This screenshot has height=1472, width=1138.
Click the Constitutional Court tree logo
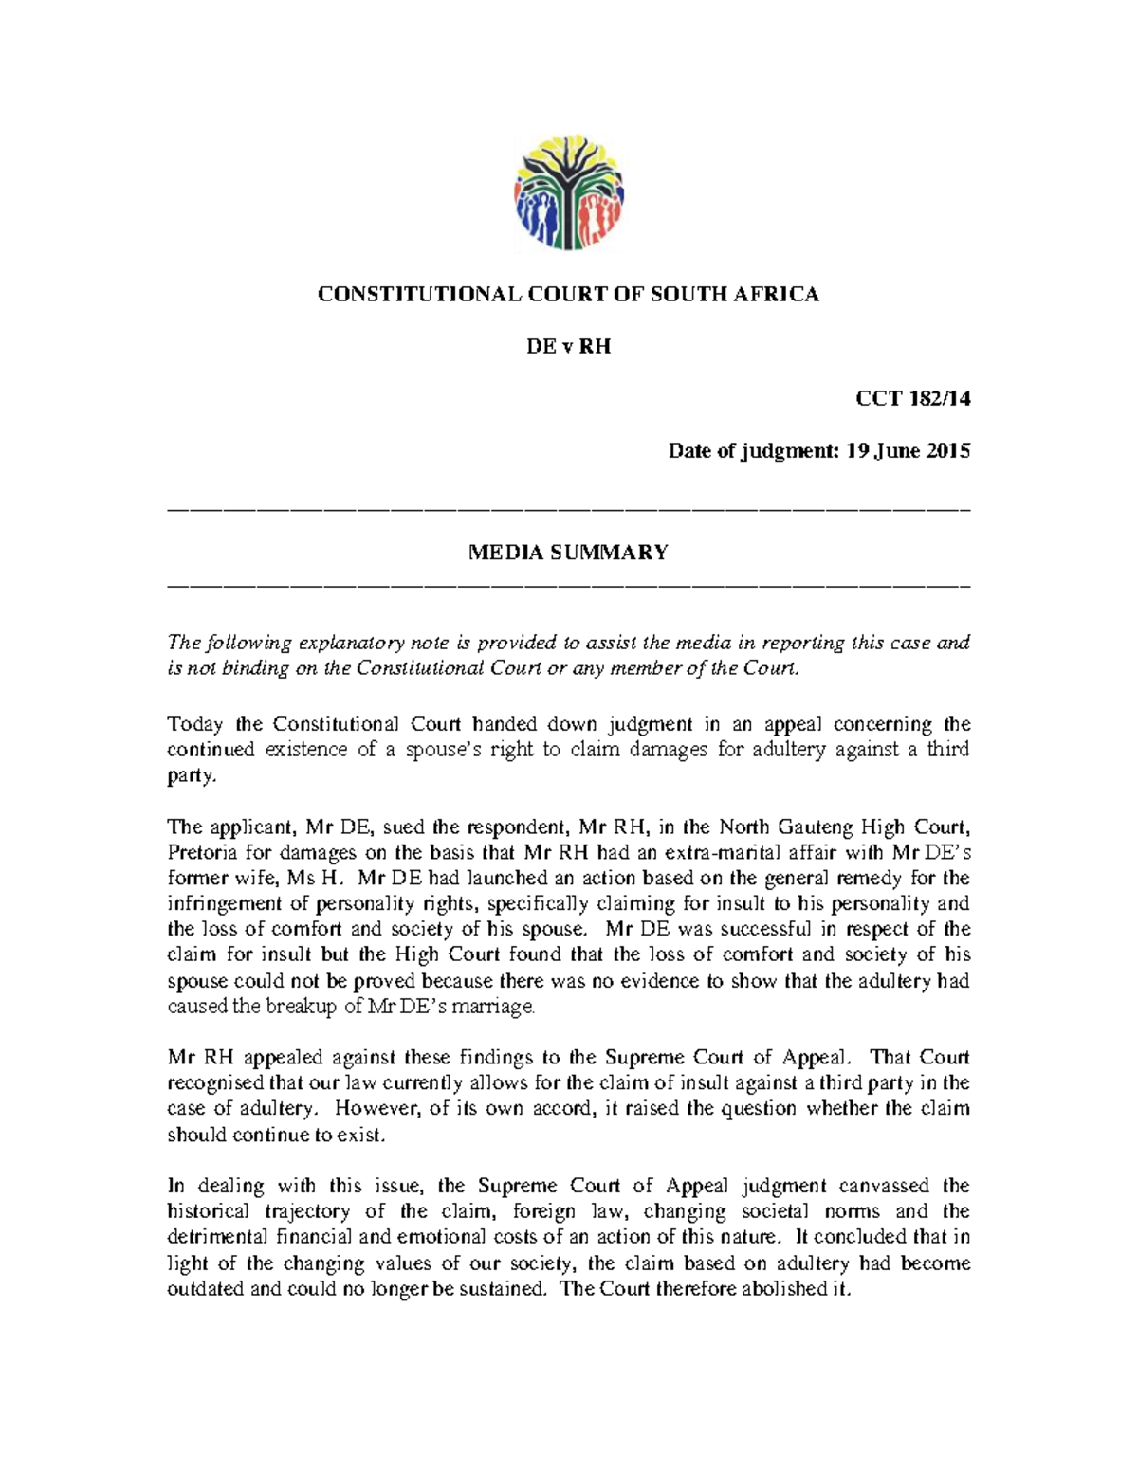(569, 192)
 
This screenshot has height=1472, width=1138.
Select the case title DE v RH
(568, 347)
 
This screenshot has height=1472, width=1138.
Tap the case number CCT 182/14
(912, 399)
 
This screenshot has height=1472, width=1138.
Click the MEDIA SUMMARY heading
(568, 553)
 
